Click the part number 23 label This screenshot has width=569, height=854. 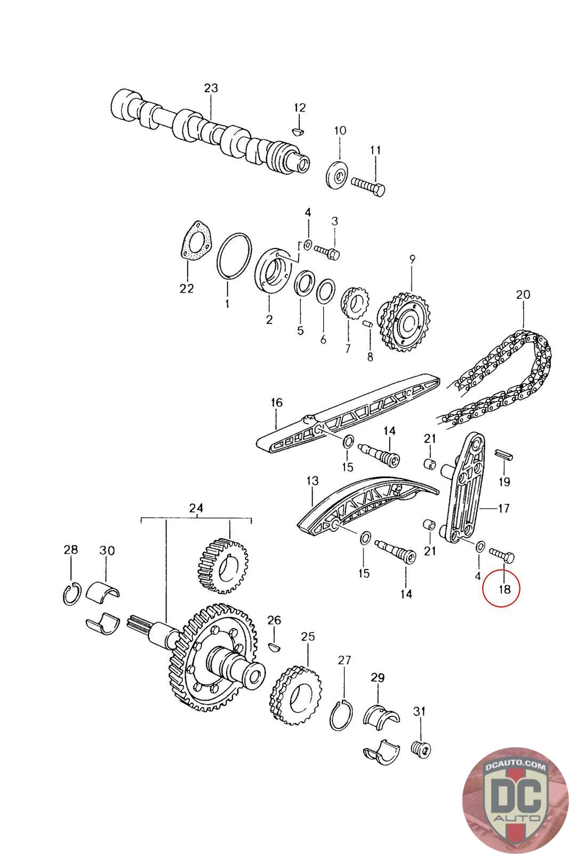pyautogui.click(x=211, y=88)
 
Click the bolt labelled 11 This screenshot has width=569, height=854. pyautogui.click(x=368, y=187)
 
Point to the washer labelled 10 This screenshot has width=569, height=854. pyautogui.click(x=337, y=175)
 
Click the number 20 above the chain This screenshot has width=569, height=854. pyautogui.click(x=523, y=294)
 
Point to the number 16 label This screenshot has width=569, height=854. pyautogui.click(x=277, y=402)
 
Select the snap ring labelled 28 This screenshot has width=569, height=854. pyautogui.click(x=71, y=595)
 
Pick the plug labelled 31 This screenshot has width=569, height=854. pyautogui.click(x=421, y=748)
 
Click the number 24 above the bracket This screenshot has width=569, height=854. pyautogui.click(x=196, y=509)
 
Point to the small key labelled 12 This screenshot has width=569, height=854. pyautogui.click(x=300, y=130)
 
